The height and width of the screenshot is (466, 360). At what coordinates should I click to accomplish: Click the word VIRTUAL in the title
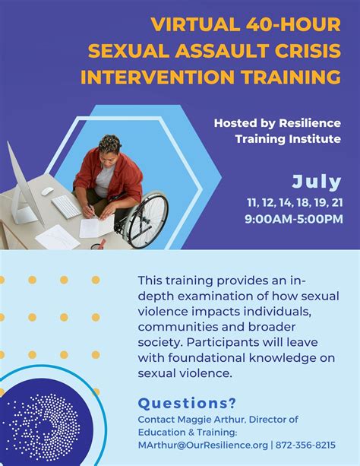point(196,24)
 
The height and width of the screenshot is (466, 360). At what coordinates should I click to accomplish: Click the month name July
point(317,182)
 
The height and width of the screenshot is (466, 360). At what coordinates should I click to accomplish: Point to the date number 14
point(285,203)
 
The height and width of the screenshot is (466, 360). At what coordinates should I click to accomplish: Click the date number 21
point(337,203)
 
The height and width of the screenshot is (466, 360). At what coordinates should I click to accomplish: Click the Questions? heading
point(187,403)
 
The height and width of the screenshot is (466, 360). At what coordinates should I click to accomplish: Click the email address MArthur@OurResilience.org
point(203,445)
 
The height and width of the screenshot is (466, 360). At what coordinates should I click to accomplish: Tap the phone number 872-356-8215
point(305,445)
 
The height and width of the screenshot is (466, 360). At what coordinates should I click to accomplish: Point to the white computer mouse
point(48,192)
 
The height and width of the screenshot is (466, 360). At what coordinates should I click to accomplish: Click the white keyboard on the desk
point(66,207)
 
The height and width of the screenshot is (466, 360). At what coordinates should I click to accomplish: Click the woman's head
point(110,147)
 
